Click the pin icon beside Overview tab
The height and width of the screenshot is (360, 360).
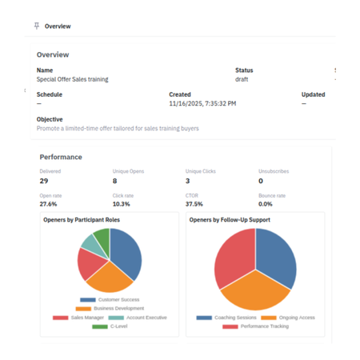[36, 26]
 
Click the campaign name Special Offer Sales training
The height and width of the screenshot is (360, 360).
[72, 79]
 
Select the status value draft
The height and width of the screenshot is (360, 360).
[242, 79]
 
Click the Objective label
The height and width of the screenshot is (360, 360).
[50, 119]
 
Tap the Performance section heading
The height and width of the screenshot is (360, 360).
[61, 158]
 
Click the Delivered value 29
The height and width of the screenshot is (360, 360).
[44, 181]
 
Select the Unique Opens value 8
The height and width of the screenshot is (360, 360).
[115, 181]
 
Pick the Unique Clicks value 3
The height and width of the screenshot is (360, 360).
[187, 181]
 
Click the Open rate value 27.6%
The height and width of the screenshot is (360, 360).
[50, 205]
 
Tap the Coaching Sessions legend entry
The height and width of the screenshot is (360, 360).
[224, 318]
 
